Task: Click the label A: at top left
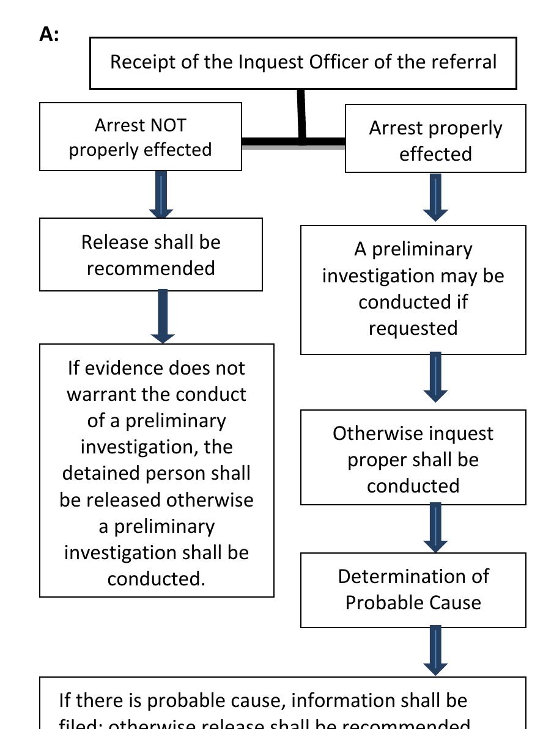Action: tap(49, 35)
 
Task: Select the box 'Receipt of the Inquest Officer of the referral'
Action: tap(303, 62)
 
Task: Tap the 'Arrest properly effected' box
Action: tap(435, 140)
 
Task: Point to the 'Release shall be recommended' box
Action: tap(150, 255)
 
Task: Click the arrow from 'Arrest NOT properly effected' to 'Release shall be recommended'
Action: tap(161, 195)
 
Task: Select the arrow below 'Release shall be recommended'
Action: tap(163, 317)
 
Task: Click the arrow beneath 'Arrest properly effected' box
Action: tap(435, 197)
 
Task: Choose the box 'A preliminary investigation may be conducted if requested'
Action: tap(413, 288)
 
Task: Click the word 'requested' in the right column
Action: tap(413, 328)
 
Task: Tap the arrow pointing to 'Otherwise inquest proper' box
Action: tap(435, 377)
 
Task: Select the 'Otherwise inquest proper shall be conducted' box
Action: tap(413, 458)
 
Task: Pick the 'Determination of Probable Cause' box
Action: tap(413, 590)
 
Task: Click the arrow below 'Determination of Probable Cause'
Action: tap(435, 650)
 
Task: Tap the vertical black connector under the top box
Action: tap(301, 114)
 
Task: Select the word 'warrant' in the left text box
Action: tap(101, 394)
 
